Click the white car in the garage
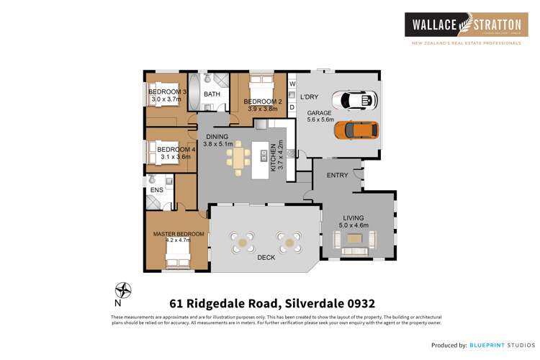(357, 99)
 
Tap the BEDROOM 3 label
(167, 92)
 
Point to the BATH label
(212, 94)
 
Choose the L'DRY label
(309, 97)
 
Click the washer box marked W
(292, 84)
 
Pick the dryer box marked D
(292, 107)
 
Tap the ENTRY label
(337, 175)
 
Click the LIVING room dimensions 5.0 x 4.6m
(354, 225)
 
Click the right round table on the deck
(289, 242)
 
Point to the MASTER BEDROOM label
(178, 234)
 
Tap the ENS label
(156, 190)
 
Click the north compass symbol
(124, 291)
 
